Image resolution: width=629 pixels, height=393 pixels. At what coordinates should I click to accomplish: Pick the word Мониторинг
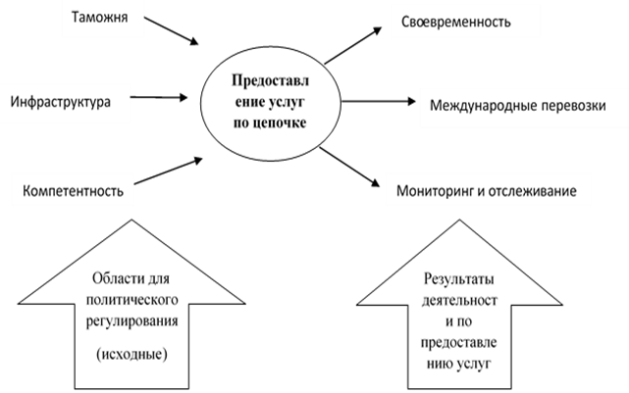coord(434,189)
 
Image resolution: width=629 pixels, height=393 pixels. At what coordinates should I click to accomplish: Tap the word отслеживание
coord(537,189)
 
